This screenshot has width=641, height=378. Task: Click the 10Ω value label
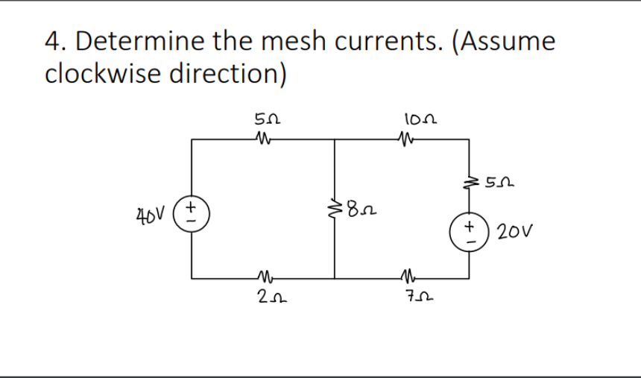(x=420, y=119)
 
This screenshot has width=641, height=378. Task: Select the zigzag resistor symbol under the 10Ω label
(x=406, y=138)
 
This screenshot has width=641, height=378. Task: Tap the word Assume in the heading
(x=508, y=42)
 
